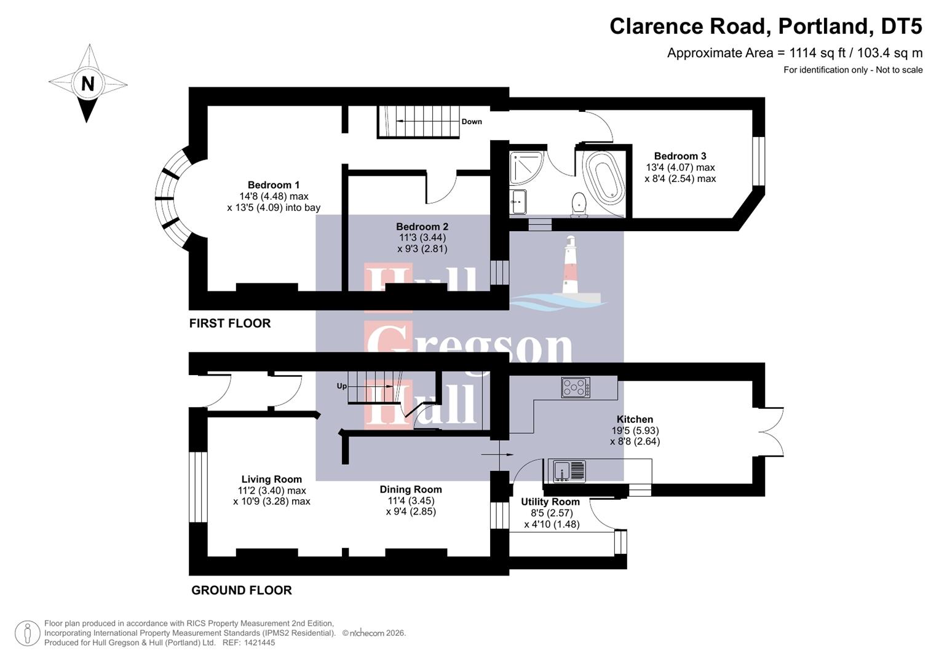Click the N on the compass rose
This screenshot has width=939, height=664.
coord(88,84)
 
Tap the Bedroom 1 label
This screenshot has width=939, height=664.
coord(274,185)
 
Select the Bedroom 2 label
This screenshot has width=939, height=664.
coord(422,227)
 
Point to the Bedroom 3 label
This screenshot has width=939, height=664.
coord(679,156)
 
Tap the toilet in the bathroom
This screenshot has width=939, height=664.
coord(578,204)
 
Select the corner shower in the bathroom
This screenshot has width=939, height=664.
coord(526,167)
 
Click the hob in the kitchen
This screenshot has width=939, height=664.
coord(576,387)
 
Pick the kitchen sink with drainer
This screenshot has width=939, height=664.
coord(569,471)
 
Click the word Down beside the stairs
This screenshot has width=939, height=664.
coord(472,122)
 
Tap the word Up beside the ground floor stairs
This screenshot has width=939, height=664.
coord(341,386)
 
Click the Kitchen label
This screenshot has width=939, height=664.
coord(635,419)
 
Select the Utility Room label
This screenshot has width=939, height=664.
coord(550,502)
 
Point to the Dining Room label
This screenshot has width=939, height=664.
coord(410,489)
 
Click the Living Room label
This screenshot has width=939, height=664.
coord(271,480)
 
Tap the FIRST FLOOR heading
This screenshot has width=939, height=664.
coord(229,323)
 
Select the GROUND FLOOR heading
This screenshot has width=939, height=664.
coord(241,590)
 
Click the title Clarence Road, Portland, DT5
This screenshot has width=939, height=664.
coord(766,26)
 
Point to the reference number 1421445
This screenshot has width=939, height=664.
coord(259,642)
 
